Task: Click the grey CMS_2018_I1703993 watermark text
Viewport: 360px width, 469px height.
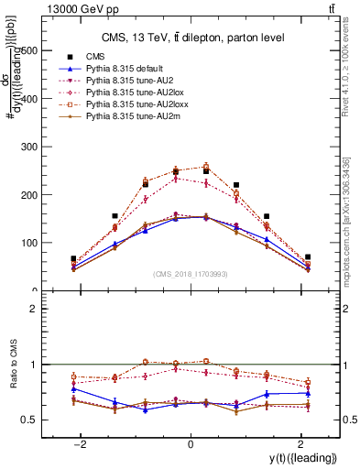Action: [191, 273]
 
